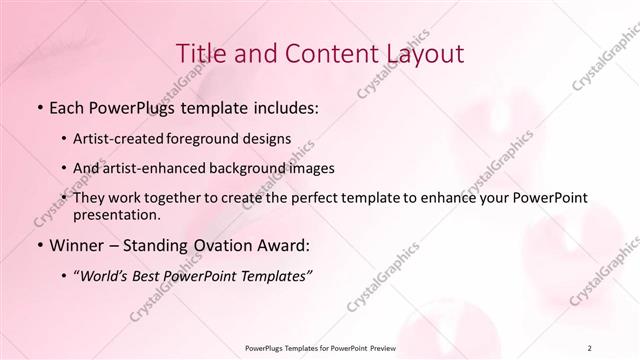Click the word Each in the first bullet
point(66,107)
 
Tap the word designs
point(268,138)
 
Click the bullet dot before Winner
point(39,245)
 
